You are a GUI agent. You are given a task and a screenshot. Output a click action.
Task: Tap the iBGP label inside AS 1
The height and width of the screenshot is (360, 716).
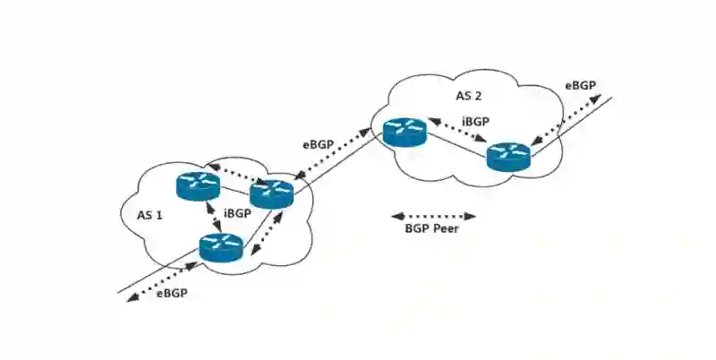click(x=237, y=214)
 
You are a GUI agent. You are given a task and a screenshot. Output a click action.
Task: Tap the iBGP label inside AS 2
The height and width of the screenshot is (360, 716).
click(x=476, y=120)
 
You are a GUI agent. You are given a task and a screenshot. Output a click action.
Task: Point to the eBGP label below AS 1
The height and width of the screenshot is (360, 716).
click(x=172, y=294)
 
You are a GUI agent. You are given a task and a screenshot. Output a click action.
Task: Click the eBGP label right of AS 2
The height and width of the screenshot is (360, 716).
click(x=580, y=86)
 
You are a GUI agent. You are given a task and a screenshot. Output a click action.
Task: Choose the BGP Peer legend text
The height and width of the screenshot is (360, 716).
click(x=434, y=229)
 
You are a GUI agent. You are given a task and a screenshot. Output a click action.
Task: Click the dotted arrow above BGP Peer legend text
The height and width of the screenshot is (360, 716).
click(x=434, y=216)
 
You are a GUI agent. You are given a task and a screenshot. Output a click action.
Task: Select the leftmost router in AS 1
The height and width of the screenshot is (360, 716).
click(x=197, y=185)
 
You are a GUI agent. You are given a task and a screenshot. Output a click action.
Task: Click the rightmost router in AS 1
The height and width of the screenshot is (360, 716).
click(x=271, y=193)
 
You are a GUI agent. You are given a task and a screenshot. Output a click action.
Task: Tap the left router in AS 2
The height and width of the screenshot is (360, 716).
click(x=404, y=132)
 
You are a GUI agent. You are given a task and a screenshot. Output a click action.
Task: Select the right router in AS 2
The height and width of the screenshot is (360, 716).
click(x=509, y=157)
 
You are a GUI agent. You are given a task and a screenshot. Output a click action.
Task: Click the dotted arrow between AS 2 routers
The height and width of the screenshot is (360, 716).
click(x=457, y=130)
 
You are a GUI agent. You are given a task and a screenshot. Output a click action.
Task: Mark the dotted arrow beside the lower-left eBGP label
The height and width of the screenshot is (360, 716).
click(x=161, y=279)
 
